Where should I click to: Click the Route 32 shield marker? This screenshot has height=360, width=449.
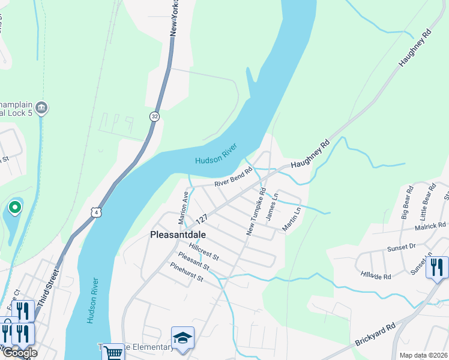coord(154,116)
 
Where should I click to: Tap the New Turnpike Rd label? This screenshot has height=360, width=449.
coord(256,211)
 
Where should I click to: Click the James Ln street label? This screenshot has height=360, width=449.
coord(272,205)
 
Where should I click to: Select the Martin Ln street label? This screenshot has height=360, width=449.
coord(294,220)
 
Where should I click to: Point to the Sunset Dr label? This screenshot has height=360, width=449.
coord(402,247)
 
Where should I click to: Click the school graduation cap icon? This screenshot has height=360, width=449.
coord(182,337)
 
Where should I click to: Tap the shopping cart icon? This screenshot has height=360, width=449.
coord(113,353)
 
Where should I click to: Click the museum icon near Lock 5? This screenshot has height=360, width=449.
coord(41,108)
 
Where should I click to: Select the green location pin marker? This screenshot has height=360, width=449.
coord(15,208)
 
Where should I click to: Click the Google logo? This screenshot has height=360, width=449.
coord(20,352)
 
